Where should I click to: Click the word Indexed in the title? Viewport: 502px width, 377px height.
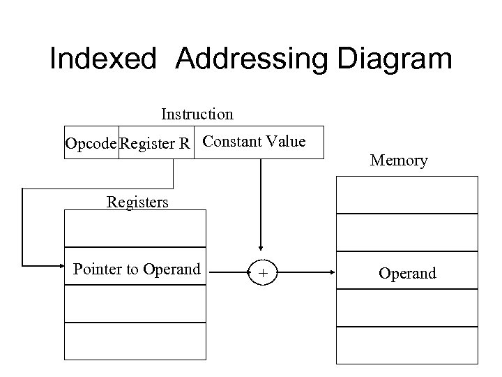[103, 59]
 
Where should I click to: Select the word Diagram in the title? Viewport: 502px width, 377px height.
[395, 59]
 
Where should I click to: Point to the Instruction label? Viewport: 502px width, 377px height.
[197, 114]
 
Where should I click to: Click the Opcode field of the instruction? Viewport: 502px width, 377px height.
[91, 144]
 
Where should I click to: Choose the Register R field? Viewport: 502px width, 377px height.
[155, 144]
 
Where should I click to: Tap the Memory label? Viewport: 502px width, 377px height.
[399, 161]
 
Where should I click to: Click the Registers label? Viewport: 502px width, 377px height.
[137, 202]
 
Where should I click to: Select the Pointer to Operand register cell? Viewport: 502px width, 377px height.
[136, 269]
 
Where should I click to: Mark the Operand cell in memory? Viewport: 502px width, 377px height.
[407, 273]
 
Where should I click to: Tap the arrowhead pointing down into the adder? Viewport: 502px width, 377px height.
[261, 246]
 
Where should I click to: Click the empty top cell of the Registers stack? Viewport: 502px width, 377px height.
[135, 228]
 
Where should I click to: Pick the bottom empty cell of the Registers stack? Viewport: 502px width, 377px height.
[135, 341]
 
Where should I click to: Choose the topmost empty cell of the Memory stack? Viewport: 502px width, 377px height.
[407, 195]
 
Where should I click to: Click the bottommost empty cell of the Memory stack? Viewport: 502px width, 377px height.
[407, 345]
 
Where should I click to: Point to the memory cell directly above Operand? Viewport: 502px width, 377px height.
[407, 232]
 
